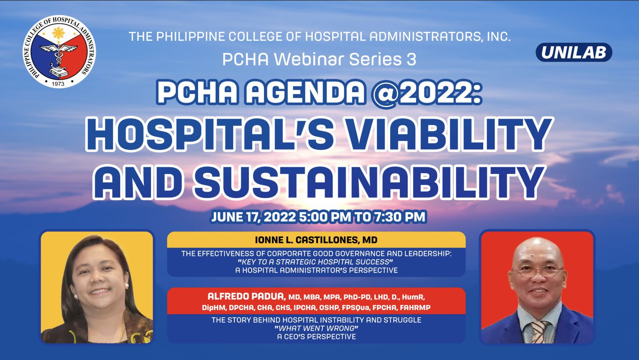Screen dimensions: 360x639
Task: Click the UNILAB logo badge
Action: [574, 52]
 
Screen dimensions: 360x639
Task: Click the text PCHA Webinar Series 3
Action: [319, 59]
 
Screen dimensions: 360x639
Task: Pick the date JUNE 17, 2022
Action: [254, 217]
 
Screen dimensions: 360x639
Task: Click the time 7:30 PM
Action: [399, 217]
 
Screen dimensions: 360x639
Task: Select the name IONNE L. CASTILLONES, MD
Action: [316, 240]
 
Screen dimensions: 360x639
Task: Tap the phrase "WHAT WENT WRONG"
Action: [316, 328]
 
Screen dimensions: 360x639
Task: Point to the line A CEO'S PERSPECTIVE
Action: [316, 337]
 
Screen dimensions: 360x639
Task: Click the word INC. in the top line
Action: [498, 37]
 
